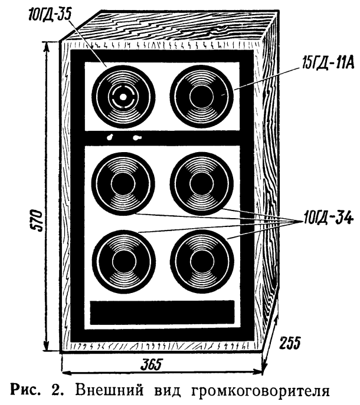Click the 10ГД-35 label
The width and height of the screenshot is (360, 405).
point(50,15)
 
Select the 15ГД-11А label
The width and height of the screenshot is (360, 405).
point(328,62)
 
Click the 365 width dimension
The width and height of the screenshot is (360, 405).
point(150,364)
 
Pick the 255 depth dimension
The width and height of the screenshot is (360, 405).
point(290,343)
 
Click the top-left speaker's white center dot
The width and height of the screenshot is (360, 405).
point(123,97)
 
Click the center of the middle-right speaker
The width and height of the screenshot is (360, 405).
point(202,184)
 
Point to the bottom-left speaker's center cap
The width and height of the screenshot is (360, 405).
point(124,262)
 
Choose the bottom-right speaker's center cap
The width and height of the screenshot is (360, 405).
point(202,262)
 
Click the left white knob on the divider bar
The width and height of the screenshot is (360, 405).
point(110,137)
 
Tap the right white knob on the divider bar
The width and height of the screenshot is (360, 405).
point(137,138)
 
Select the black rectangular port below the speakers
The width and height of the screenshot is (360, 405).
point(162,312)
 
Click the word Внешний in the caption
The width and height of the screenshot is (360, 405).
point(109,390)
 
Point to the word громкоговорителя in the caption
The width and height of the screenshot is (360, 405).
point(260,391)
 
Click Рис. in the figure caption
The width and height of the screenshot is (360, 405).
point(25,390)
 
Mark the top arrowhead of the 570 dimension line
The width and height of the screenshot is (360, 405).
point(47,47)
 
